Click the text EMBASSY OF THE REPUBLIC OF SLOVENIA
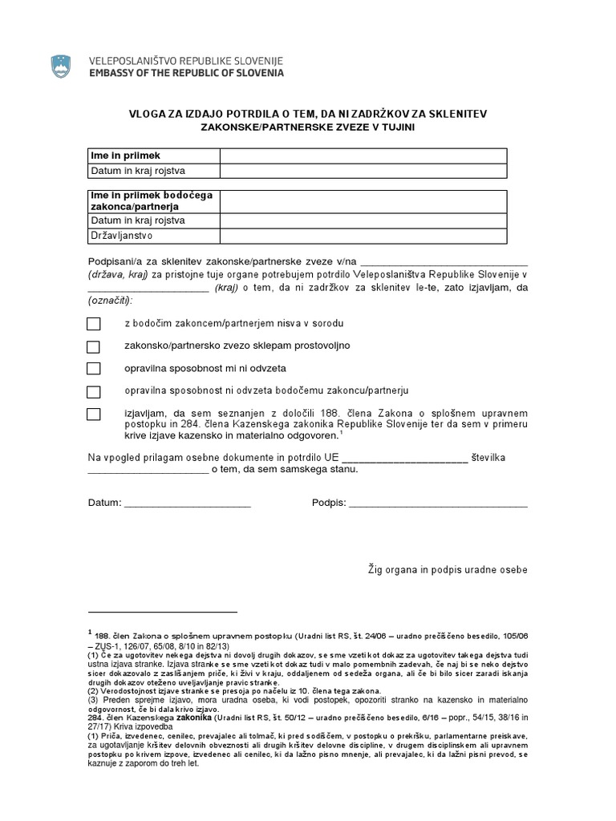pyautogui.click(x=185, y=73)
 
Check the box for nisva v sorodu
pyautogui.click(x=94, y=324)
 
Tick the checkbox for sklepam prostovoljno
pyautogui.click(x=94, y=346)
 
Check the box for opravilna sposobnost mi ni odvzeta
pyautogui.click(x=94, y=369)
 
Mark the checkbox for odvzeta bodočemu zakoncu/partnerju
pyautogui.click(x=94, y=391)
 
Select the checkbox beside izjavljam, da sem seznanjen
pyautogui.click(x=94, y=414)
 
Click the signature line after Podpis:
pyautogui.click(x=439, y=504)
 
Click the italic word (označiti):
pyautogui.click(x=111, y=300)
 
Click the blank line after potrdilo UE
pyautogui.click(x=404, y=459)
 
